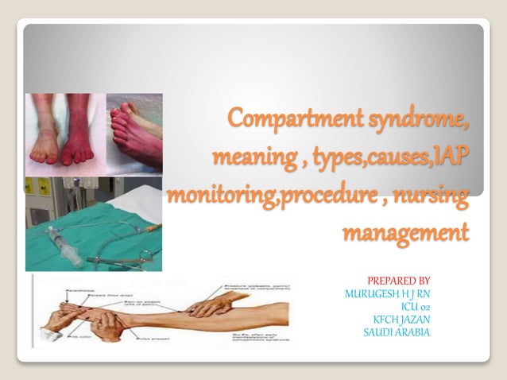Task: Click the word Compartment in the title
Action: coord(293,118)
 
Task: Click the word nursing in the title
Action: coord(430,195)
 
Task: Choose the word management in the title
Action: coord(404,233)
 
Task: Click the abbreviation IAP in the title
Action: coord(445,157)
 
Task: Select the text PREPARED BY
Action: coord(398,281)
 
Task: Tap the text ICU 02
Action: coord(417,306)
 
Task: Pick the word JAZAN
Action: coord(411,319)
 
